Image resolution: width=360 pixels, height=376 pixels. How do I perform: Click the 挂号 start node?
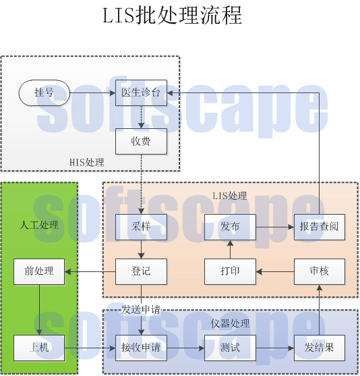[44, 92]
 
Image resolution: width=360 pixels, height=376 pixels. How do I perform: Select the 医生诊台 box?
[141, 92]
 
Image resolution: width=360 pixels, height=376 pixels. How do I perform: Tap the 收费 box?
[141, 141]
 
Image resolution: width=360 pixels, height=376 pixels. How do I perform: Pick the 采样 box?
[141, 227]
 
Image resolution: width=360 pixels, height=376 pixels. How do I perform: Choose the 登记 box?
[141, 271]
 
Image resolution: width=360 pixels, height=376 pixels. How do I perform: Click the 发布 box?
[230, 227]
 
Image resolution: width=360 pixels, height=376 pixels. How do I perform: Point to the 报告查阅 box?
[319, 227]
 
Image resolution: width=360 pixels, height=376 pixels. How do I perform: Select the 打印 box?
[230, 271]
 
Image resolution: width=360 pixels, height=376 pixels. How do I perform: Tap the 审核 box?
[319, 271]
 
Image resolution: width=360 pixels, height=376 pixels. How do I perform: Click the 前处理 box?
[39, 271]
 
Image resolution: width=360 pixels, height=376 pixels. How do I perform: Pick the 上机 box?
[39, 348]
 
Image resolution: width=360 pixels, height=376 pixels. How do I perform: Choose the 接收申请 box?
[141, 348]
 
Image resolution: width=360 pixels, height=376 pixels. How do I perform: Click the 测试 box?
[230, 348]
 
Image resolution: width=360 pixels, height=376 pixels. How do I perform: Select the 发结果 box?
[319, 348]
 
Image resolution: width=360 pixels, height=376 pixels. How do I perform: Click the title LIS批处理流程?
[172, 16]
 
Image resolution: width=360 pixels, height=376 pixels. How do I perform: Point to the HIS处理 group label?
[87, 163]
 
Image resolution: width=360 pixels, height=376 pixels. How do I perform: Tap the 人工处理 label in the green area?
[39, 225]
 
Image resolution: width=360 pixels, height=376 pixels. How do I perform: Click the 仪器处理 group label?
[230, 324]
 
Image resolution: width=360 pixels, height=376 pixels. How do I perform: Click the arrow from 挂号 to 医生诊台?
[92, 92]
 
